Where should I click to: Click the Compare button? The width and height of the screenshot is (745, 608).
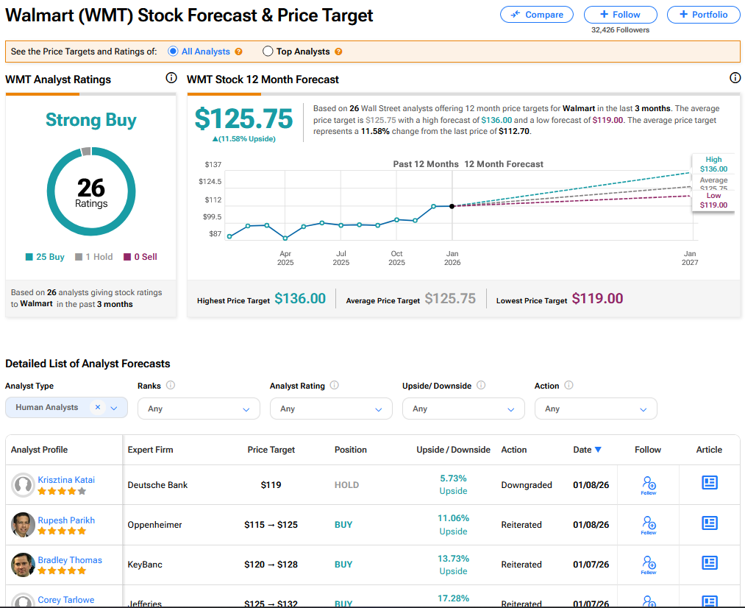click(x=537, y=15)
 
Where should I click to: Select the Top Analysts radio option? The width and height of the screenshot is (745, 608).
click(x=268, y=52)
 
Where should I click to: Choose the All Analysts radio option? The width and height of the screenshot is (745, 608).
click(x=173, y=52)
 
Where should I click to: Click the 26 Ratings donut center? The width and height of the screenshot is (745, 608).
click(x=91, y=192)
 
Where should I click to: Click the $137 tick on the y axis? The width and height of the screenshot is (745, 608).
click(x=213, y=164)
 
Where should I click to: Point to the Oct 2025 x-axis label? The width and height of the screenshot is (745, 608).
click(x=396, y=258)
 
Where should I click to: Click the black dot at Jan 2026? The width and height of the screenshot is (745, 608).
click(x=452, y=206)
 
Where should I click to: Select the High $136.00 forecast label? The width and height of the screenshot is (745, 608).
click(x=713, y=164)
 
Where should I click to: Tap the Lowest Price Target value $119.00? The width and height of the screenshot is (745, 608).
click(x=597, y=299)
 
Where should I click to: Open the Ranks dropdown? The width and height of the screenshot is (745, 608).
click(x=199, y=409)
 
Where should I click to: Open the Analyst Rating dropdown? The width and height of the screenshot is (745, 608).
click(x=331, y=409)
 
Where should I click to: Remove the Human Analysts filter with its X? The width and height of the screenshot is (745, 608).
click(x=98, y=407)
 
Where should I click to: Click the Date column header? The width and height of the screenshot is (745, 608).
click(x=587, y=450)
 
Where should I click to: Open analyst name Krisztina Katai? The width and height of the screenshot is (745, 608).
click(x=66, y=480)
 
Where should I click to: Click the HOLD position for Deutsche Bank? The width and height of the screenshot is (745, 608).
click(x=346, y=485)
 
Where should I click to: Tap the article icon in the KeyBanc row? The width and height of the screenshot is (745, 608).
click(x=709, y=563)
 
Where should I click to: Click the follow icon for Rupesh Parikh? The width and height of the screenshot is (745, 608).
click(x=649, y=524)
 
